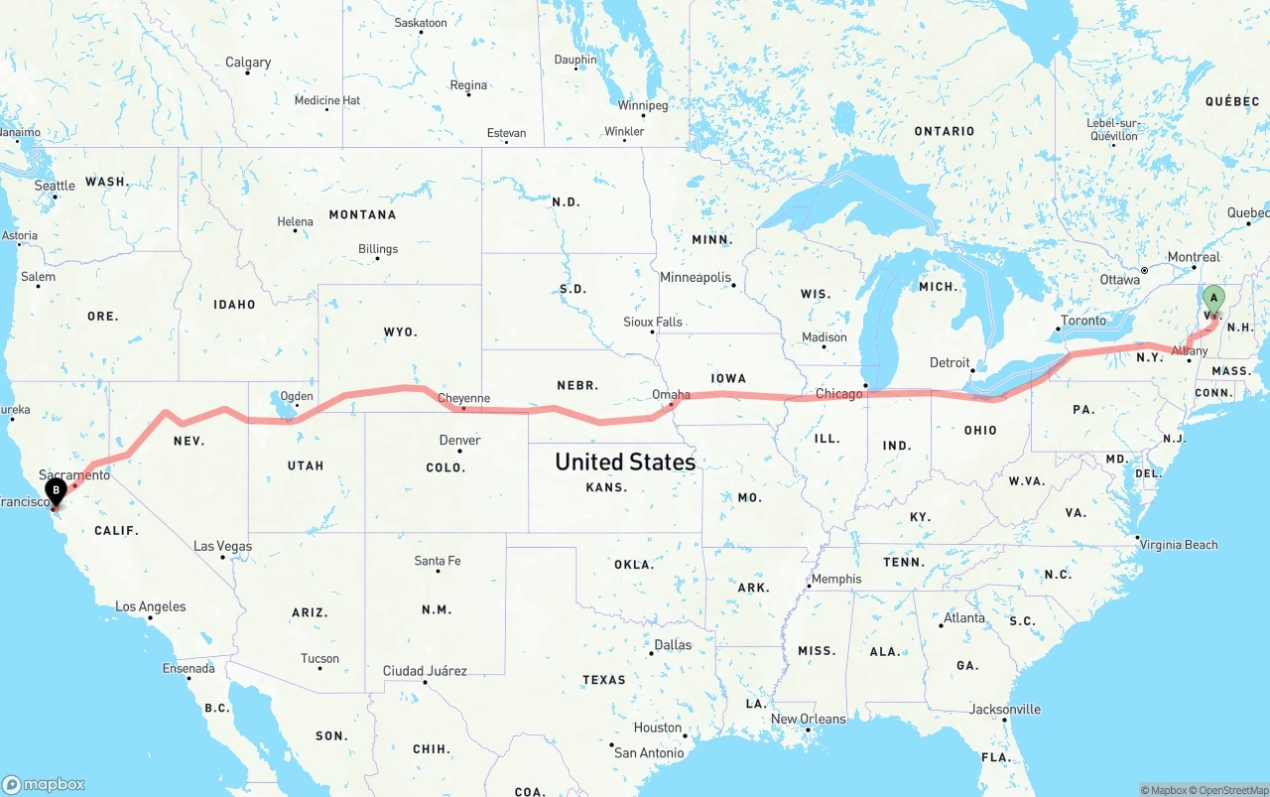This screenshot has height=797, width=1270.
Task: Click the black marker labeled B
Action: (57, 489)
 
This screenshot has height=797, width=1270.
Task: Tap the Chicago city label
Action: (839, 394)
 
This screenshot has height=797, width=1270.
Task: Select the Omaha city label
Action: (671, 394)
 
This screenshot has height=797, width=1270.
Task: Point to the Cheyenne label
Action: (463, 398)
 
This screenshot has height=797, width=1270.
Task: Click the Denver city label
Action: (459, 440)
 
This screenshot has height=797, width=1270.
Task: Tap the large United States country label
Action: (625, 462)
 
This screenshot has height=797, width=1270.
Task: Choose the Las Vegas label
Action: (222, 546)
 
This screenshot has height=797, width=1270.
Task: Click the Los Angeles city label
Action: (150, 606)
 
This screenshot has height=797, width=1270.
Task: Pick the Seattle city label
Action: (55, 186)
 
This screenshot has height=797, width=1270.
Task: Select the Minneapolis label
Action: (696, 278)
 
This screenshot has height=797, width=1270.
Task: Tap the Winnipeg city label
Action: (643, 105)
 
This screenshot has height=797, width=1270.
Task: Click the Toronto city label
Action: (1082, 321)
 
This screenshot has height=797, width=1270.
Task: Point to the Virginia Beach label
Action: (1179, 544)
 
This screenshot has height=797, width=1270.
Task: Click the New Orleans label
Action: (809, 719)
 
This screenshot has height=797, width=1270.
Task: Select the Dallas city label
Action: (673, 644)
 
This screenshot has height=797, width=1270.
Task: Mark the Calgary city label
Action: (248, 62)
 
